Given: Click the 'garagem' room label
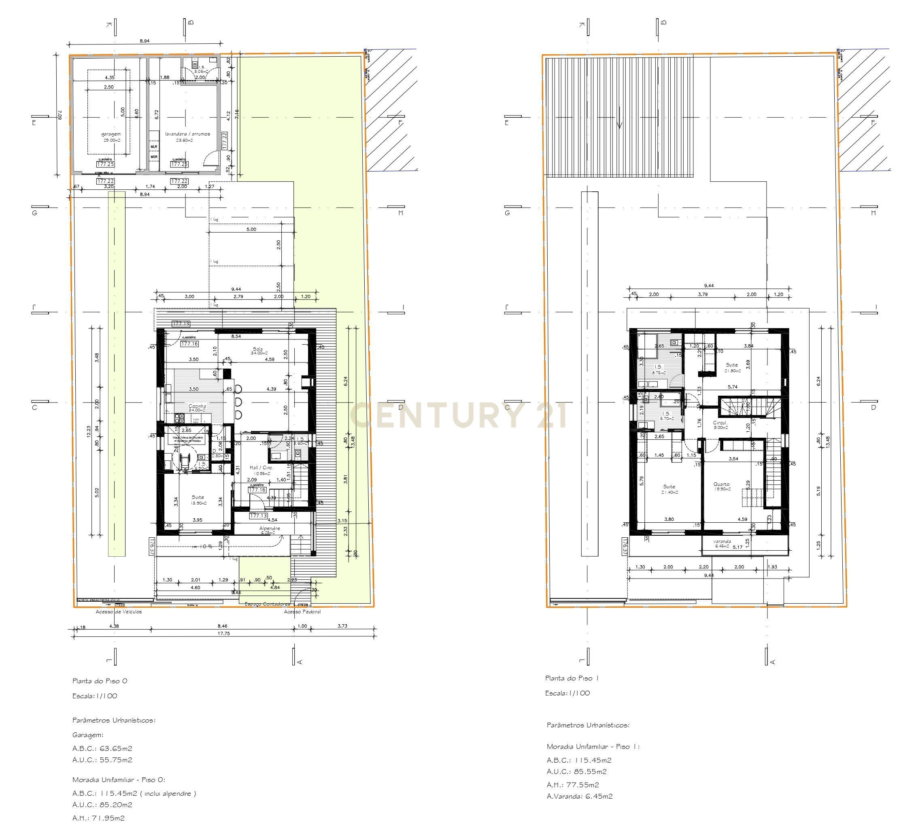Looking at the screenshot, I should (111, 134).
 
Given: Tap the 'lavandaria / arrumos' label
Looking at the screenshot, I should (187, 134).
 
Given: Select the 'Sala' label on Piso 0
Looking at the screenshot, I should (258, 349).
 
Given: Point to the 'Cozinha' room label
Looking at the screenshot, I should (197, 406).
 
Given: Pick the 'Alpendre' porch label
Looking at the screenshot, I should (270, 528).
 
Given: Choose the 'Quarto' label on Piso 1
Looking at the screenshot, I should (722, 484).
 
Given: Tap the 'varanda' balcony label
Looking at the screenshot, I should (722, 541).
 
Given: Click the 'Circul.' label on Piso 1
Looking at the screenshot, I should (720, 422).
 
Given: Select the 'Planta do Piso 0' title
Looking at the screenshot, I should (100, 681).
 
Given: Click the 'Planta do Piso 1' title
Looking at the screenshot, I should (572, 678).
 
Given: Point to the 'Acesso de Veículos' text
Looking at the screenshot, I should (119, 612).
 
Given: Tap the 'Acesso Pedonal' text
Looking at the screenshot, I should (302, 612).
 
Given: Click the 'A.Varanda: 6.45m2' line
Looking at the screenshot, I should (580, 796).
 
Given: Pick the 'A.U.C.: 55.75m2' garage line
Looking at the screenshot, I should (102, 759).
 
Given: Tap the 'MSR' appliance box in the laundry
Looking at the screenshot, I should (154, 157).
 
